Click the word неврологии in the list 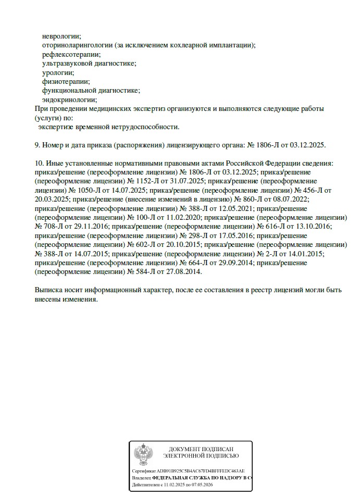(61, 36)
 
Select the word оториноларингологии (77, 45)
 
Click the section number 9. (37, 145)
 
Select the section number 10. (39, 163)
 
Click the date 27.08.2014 (183, 272)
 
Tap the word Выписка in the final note (49, 290)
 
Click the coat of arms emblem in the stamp (143, 454)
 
